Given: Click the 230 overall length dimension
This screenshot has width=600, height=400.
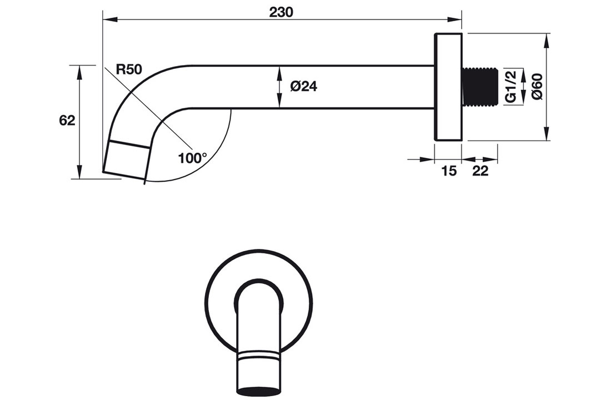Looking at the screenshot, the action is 281,12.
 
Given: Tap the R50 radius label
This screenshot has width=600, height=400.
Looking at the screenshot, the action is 129,69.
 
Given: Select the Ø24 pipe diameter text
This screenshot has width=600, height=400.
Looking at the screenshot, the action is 304,87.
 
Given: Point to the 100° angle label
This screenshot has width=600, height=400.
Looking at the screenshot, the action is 192,158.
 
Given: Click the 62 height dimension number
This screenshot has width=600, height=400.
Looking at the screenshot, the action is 67,121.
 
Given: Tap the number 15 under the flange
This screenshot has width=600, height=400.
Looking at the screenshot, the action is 449,171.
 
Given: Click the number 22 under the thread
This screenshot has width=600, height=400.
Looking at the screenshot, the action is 481,171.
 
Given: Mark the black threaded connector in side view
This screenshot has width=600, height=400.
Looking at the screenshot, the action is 479,87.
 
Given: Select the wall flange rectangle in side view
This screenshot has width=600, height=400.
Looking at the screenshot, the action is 448,87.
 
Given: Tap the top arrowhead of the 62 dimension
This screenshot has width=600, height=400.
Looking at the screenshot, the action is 79,72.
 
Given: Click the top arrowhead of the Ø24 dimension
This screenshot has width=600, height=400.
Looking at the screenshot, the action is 279,73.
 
